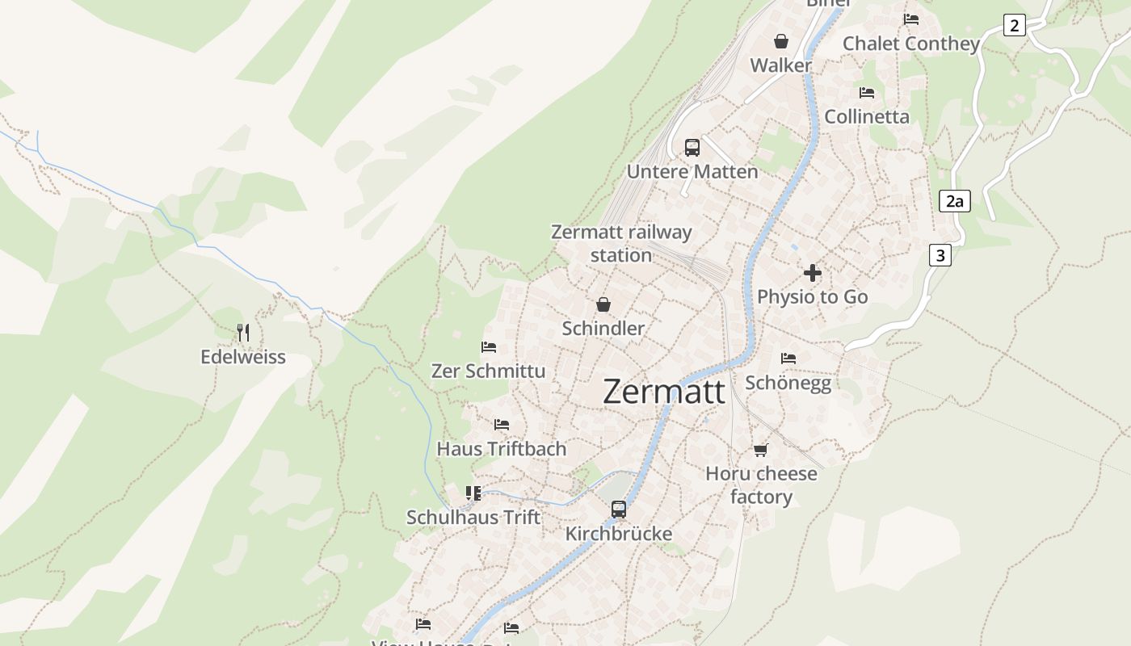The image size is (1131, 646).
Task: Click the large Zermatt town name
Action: (x=664, y=392)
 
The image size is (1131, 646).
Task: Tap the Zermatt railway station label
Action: (x=621, y=243)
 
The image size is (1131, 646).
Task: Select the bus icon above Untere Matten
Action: (x=692, y=147)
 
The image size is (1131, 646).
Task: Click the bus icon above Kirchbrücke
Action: (x=619, y=509)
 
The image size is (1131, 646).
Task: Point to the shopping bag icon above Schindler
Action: (x=603, y=304)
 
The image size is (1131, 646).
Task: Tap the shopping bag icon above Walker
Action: (x=781, y=41)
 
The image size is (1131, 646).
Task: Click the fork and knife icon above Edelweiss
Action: (x=243, y=332)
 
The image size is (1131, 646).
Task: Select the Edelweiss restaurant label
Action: (x=243, y=357)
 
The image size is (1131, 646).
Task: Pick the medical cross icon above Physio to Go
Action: (x=813, y=273)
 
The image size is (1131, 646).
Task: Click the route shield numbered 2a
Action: (x=955, y=201)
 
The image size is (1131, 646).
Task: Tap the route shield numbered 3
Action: (x=940, y=255)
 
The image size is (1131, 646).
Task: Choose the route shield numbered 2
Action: (x=1015, y=25)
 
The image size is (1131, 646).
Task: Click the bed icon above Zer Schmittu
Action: (x=489, y=347)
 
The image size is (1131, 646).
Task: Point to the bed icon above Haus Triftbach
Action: (x=502, y=425)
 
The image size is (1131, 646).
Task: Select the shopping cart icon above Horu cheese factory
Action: (x=760, y=450)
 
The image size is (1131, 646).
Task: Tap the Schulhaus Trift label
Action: (x=473, y=517)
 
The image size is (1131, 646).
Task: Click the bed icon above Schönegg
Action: (x=788, y=358)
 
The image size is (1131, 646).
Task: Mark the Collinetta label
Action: (x=867, y=116)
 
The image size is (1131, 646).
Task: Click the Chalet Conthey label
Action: (x=911, y=44)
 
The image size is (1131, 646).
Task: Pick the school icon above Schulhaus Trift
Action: (x=473, y=493)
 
